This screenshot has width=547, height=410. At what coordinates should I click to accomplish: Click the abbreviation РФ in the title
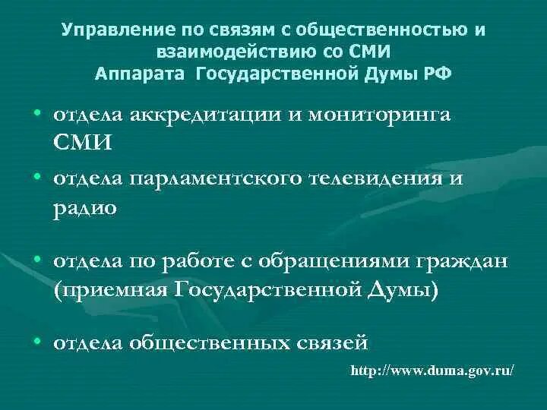tap(438, 74)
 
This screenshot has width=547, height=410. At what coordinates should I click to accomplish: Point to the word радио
tap(85, 207)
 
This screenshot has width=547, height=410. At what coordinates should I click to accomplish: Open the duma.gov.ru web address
tap(432, 373)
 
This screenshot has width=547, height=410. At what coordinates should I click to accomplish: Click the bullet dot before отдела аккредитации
tap(37, 113)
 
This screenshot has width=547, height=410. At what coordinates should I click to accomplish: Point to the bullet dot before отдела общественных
tap(37, 342)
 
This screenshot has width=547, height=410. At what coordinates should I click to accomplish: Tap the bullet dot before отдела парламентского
tap(37, 176)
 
